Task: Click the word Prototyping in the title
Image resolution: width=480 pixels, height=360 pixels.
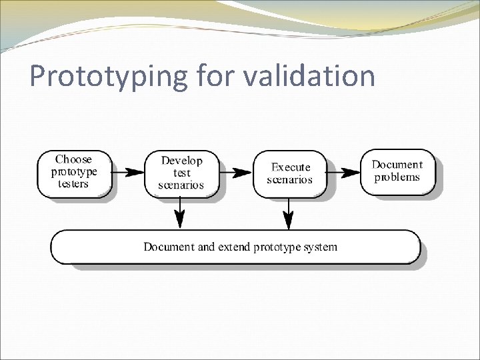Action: [108, 76]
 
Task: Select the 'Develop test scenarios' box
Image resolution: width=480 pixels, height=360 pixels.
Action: [181, 173]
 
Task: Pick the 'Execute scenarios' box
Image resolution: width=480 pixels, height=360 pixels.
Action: [289, 173]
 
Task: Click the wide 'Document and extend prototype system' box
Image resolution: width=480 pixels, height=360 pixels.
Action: [236, 247]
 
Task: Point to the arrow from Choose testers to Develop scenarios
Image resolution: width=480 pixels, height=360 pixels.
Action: [128, 171]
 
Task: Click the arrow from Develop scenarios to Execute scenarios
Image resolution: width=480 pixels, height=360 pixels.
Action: [236, 172]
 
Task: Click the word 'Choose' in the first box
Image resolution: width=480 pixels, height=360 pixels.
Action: [73, 159]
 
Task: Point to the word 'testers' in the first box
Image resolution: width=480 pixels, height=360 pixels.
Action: [73, 183]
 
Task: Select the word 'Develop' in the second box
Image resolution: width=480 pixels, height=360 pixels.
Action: [181, 161]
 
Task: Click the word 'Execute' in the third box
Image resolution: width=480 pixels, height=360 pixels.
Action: [291, 167]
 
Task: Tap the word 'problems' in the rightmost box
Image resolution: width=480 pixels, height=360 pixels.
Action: [397, 177]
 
